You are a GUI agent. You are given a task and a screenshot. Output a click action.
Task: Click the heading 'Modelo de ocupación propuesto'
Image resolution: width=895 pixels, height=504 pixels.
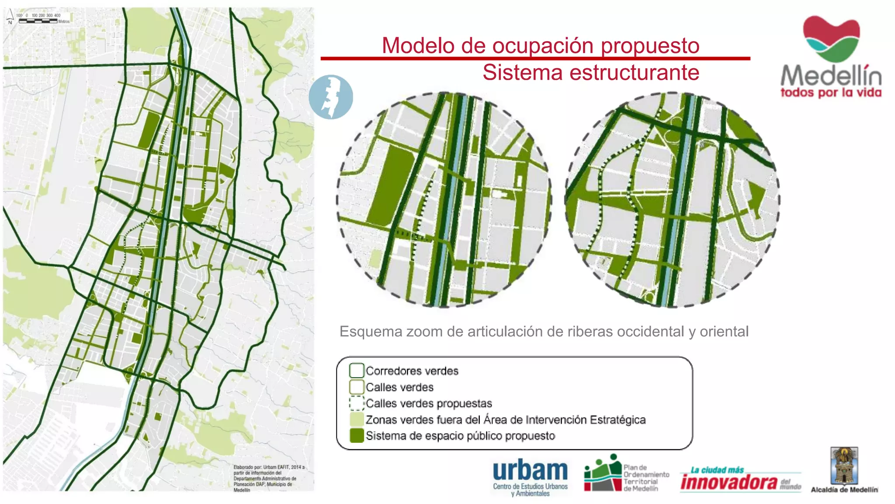541,45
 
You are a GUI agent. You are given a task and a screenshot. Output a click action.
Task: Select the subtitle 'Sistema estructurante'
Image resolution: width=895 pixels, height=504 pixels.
590,73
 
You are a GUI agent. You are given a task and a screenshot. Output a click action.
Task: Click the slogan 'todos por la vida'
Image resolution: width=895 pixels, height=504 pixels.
831,93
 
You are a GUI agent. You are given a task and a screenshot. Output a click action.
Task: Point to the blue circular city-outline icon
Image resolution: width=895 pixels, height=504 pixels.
331,97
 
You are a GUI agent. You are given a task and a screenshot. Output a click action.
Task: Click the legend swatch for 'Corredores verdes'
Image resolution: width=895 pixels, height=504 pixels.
357,371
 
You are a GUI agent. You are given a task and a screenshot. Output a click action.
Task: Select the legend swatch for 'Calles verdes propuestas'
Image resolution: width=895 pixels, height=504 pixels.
357,403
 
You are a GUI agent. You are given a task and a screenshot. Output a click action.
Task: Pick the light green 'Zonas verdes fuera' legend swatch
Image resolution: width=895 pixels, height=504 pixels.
357,420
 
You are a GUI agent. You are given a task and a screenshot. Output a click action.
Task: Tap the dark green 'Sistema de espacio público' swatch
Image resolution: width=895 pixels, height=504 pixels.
357,436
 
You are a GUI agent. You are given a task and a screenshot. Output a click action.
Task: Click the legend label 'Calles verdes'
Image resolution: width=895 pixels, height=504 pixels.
399,387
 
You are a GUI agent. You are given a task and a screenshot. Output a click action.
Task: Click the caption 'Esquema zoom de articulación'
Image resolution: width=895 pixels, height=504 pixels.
544,332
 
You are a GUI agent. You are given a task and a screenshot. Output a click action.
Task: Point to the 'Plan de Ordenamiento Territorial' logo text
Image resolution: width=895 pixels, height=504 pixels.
646,478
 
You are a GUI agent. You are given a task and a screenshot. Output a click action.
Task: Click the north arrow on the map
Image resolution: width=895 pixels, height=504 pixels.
10,17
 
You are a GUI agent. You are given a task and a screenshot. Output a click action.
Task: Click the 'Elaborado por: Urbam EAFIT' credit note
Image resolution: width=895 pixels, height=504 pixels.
268,479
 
